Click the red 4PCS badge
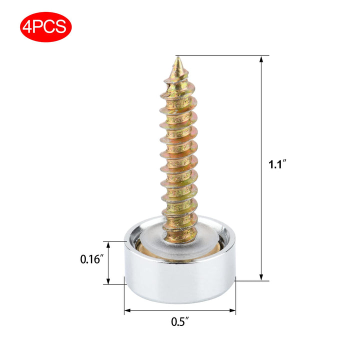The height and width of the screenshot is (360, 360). point(46,27)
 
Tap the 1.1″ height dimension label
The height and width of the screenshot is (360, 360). point(277,164)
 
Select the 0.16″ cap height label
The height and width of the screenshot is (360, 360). point(90,259)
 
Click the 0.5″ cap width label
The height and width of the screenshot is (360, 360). point(180,321)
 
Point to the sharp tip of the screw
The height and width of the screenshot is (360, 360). point(178,57)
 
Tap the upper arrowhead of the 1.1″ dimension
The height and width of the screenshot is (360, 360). point(261,59)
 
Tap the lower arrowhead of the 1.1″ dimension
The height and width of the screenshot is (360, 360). point(261,277)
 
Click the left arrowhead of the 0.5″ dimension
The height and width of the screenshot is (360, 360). point(127,310)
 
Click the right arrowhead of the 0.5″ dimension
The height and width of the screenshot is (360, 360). point(232,310)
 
